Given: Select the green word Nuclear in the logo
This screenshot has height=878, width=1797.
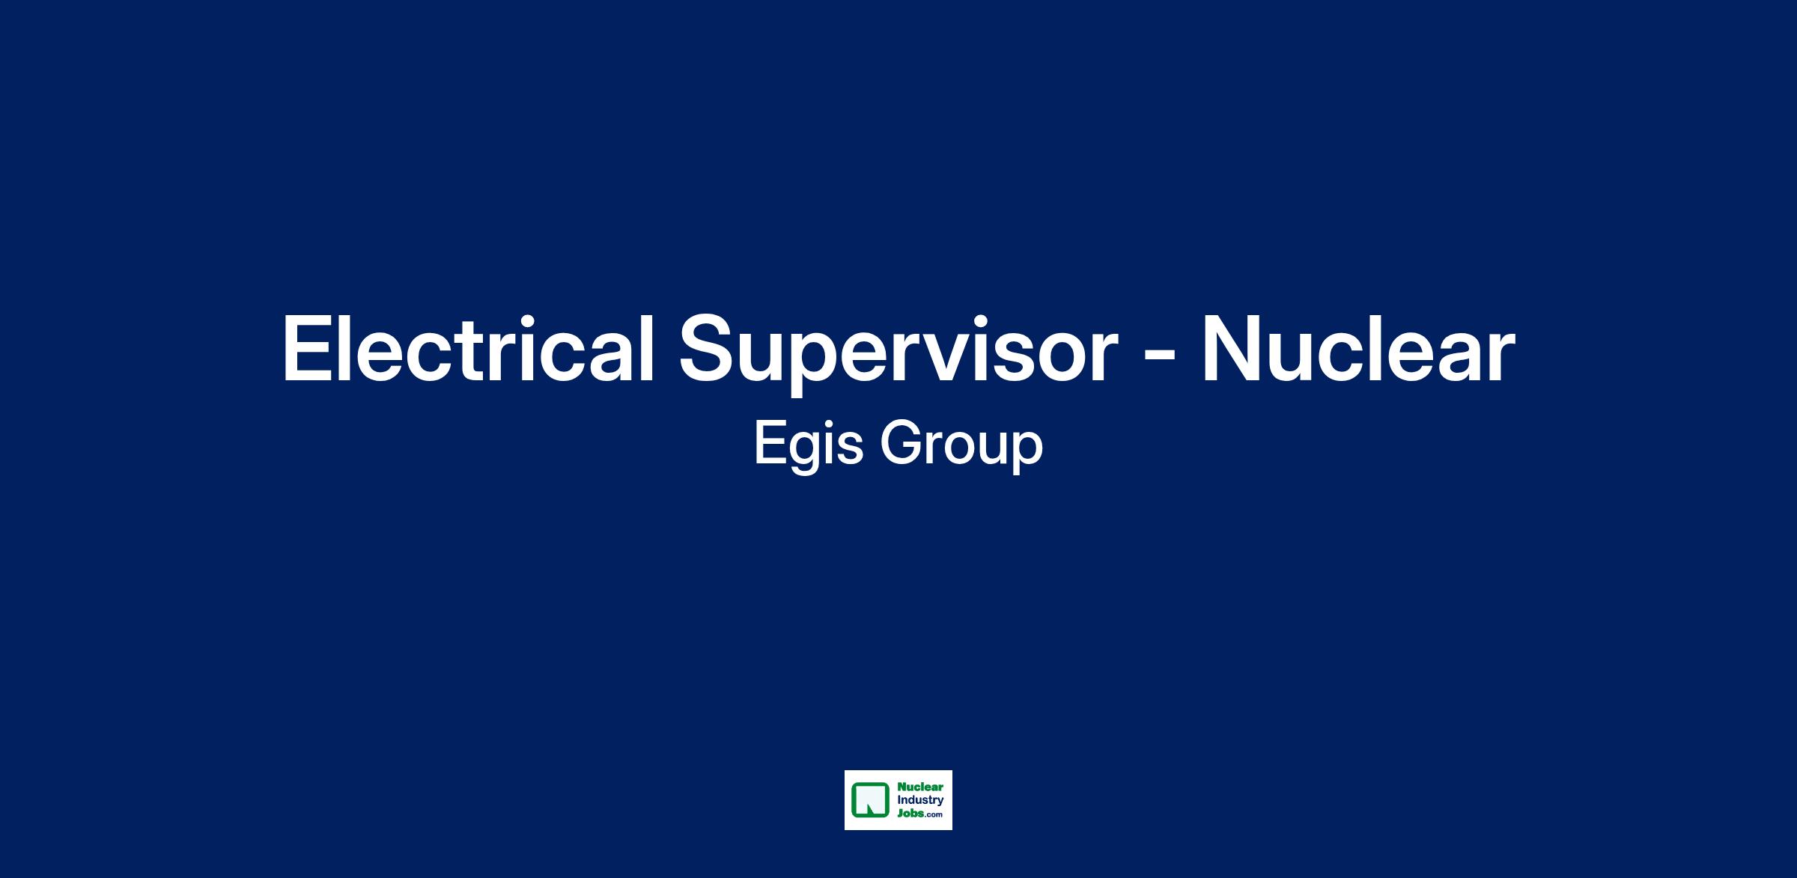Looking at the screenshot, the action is pyautogui.click(x=920, y=787).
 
